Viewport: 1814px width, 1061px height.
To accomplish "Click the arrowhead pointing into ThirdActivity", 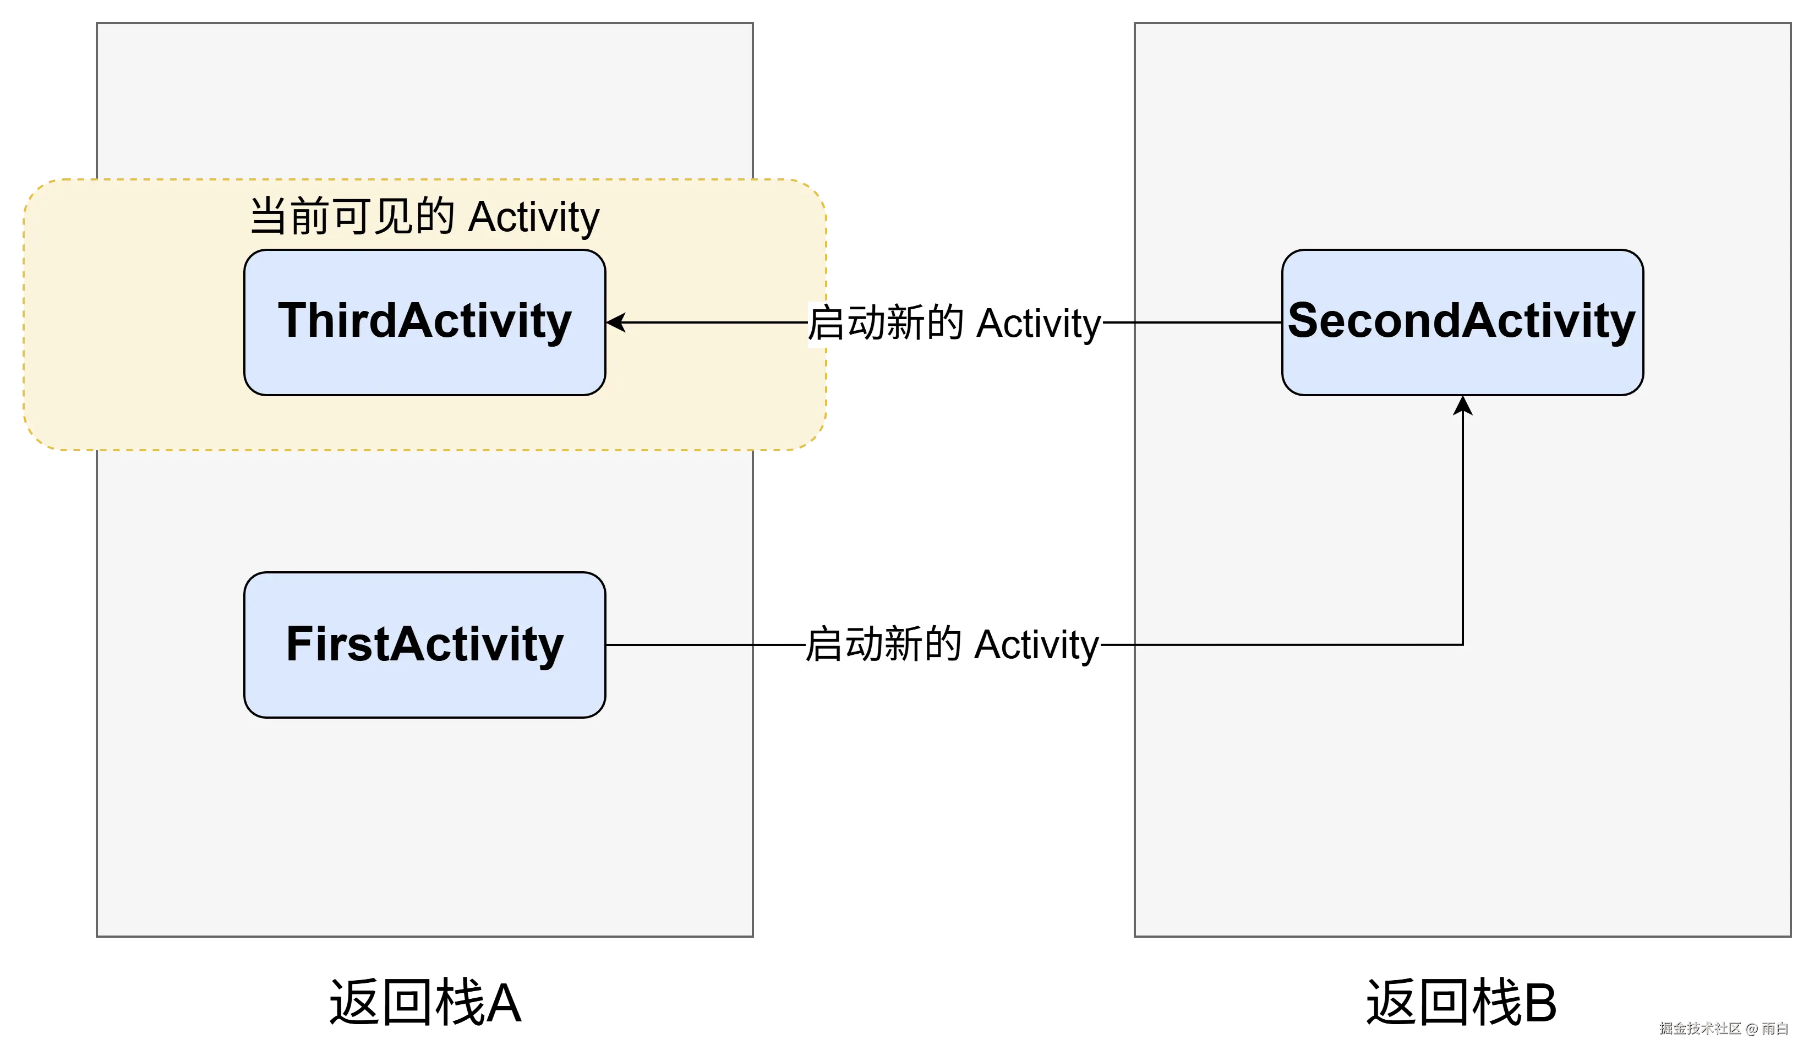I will tap(615, 322).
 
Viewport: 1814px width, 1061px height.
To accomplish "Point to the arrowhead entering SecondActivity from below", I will tap(1462, 405).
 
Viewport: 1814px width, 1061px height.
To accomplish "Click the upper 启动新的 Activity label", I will tap(955, 323).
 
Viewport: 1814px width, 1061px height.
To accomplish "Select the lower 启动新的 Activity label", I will tap(952, 644).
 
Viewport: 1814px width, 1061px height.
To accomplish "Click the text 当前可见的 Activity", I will tap(425, 216).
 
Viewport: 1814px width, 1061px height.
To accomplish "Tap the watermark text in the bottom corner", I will tap(1721, 1028).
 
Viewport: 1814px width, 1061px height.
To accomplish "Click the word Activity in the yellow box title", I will tap(533, 217).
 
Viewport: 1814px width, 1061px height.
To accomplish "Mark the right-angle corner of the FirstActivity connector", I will tap(1462, 644).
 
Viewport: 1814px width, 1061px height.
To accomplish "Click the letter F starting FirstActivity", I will tap(297, 643).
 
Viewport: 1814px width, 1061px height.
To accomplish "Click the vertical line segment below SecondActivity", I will tap(1462, 526).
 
